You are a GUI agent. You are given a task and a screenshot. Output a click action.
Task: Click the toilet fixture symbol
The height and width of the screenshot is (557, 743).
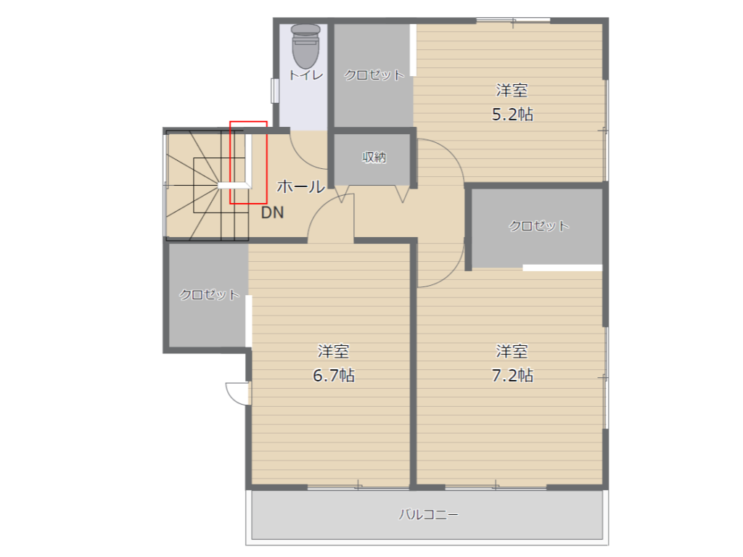[305, 46]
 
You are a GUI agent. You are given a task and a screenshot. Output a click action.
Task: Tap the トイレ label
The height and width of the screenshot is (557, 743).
[306, 75]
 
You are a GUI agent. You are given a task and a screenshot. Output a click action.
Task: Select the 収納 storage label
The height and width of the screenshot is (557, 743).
[374, 157]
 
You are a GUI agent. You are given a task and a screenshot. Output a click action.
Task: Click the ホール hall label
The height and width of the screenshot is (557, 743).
[301, 186]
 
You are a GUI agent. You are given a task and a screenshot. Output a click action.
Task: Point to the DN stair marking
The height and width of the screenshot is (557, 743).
[273, 213]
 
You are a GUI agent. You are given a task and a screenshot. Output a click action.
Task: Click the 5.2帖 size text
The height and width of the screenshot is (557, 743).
[512, 115]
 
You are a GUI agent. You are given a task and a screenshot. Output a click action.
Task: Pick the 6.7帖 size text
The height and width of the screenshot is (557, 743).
[334, 376]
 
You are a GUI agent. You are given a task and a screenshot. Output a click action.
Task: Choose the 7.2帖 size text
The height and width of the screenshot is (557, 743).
[512, 376]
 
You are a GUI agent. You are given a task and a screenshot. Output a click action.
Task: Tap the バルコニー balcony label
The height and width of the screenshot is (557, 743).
[428, 514]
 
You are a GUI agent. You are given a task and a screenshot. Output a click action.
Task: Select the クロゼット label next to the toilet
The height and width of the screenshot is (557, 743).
[374, 75]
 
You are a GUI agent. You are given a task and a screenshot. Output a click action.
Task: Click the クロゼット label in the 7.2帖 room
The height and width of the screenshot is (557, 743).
[539, 226]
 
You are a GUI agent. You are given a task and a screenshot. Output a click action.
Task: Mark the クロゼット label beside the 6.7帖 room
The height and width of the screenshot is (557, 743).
[209, 294]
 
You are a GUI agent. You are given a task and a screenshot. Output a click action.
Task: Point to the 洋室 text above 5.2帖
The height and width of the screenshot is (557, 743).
[512, 90]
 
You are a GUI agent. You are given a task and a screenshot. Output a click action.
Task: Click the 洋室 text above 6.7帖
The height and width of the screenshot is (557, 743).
[333, 351]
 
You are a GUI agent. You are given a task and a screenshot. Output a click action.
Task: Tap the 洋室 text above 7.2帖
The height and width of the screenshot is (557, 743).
[512, 351]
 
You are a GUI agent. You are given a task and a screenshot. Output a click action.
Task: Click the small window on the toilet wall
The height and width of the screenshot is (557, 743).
[275, 91]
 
